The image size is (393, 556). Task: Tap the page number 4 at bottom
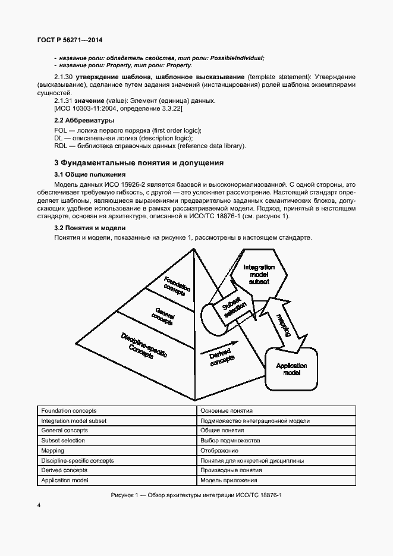(39, 505)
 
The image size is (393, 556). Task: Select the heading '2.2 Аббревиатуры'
(84, 121)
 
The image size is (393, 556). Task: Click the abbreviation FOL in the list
(60, 130)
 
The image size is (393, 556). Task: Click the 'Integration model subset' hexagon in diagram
(259, 274)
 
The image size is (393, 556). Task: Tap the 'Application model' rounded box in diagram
(292, 369)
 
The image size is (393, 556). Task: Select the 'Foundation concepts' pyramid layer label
(177, 285)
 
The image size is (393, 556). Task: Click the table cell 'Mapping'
(53, 451)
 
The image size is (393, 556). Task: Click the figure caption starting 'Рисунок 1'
(196, 495)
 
